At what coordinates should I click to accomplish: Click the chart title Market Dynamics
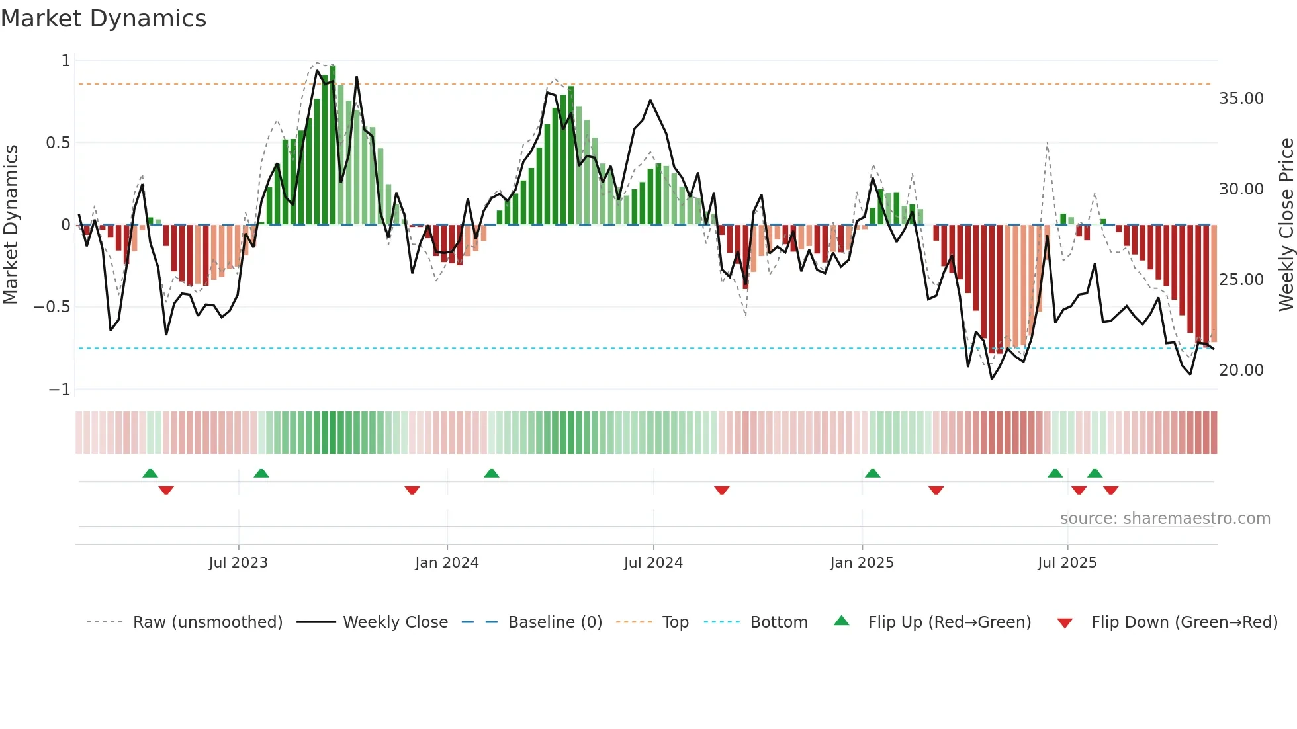tap(103, 19)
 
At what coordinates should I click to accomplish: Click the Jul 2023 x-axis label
tap(238, 563)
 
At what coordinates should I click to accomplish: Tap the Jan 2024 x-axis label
tap(447, 563)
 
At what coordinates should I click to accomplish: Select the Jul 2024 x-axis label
tap(653, 563)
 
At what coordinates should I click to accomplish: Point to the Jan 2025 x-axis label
tap(862, 563)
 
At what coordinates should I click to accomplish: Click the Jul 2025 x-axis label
tap(1067, 563)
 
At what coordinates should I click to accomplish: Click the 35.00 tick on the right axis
tap(1241, 99)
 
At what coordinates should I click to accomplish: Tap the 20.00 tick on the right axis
tap(1241, 370)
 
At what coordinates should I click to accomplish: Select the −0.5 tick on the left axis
tap(52, 307)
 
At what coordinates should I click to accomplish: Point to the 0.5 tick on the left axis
tap(58, 143)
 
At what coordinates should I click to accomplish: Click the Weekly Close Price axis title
tap(1286, 224)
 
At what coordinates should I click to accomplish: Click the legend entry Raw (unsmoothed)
tap(207, 622)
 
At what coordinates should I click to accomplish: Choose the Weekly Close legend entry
tap(395, 622)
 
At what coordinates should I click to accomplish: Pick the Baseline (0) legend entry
tap(555, 622)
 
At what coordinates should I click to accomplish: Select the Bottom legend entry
tap(778, 622)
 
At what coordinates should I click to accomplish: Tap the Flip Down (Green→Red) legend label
tap(1184, 622)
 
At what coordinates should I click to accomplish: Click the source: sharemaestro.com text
tap(1165, 519)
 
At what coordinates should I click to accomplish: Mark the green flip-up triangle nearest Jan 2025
tap(872, 473)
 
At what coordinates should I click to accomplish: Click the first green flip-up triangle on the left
tap(150, 473)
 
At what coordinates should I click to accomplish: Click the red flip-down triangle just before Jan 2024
tap(412, 490)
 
